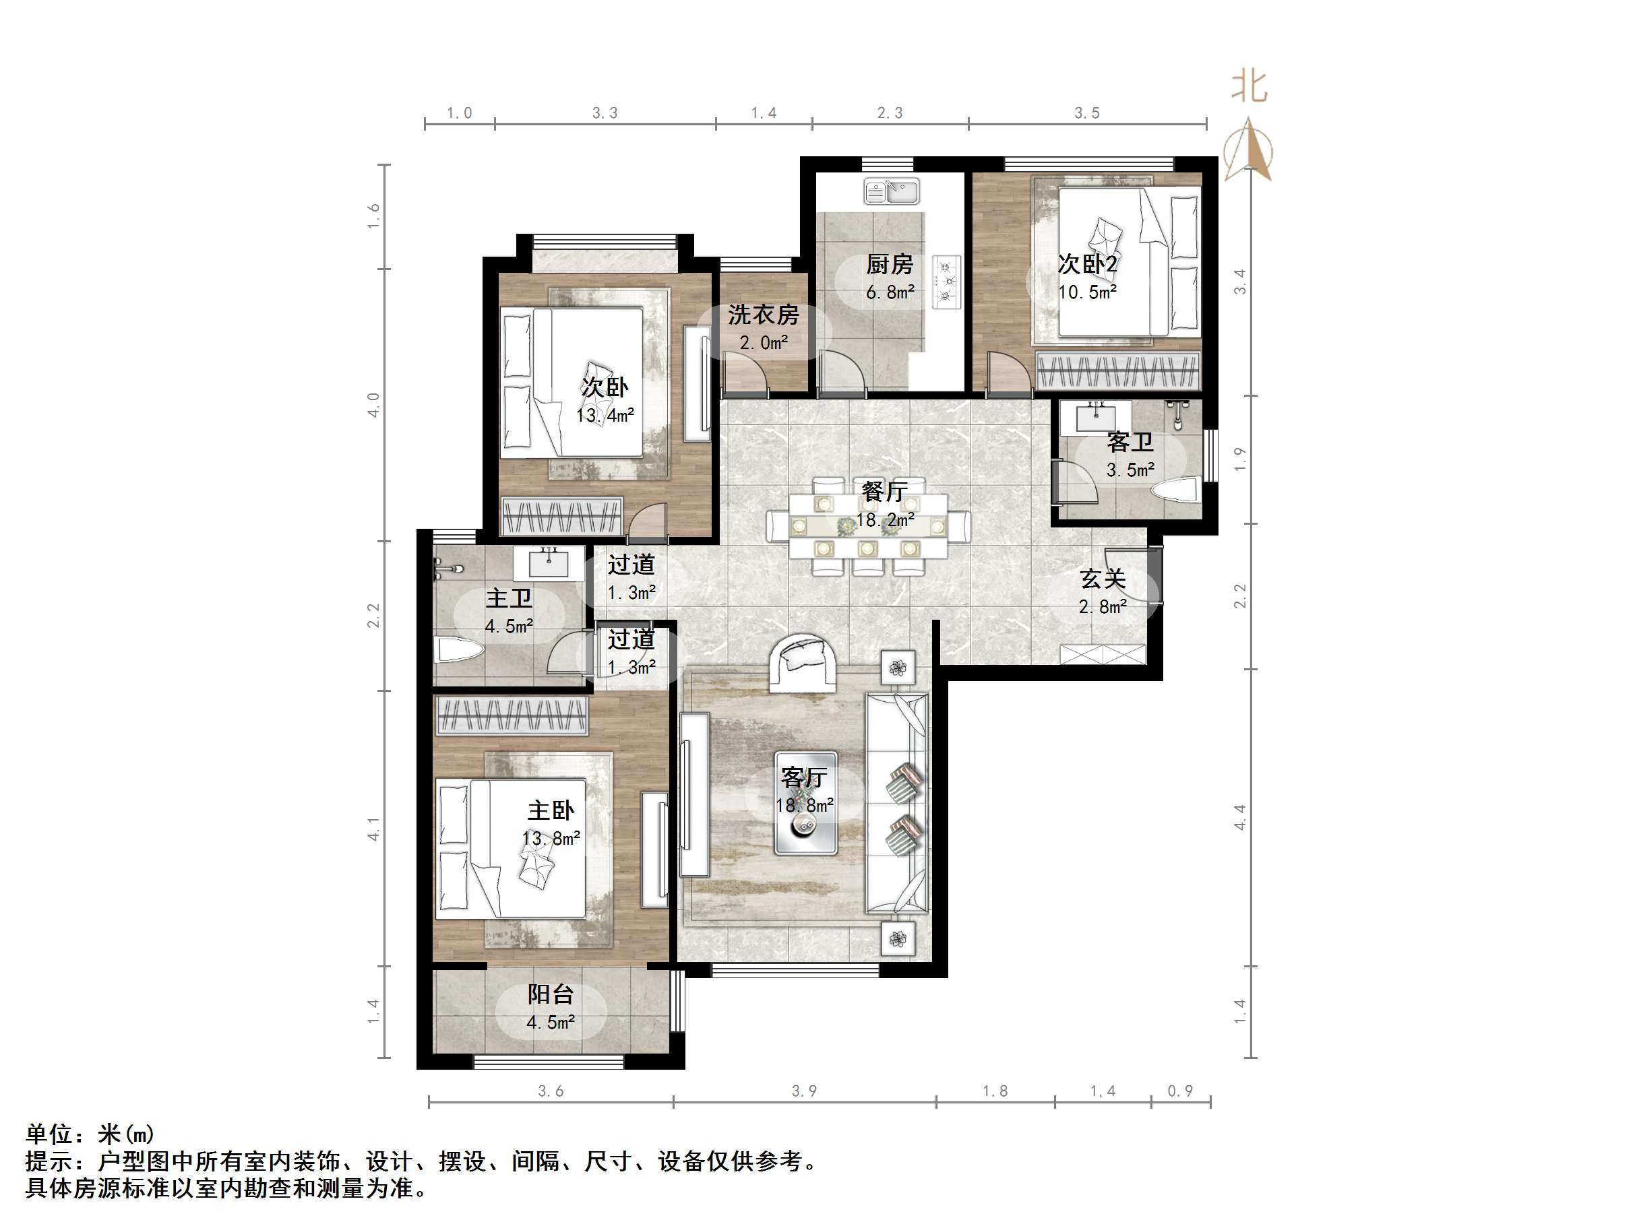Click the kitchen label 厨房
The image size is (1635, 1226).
889,264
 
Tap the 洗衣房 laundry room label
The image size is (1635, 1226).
763,315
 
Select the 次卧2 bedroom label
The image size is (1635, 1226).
1086,264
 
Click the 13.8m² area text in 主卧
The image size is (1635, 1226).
551,839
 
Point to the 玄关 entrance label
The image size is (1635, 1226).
1102,579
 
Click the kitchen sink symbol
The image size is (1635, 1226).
892,192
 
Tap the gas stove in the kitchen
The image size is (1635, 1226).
946,282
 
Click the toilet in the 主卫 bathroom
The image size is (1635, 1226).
459,651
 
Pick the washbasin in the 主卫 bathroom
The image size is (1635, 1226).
549,564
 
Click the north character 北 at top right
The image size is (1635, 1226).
1249,87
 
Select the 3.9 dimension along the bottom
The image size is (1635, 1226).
804,1091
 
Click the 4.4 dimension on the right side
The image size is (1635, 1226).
1239,816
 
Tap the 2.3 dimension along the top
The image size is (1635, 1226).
889,113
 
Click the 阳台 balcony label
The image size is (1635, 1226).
550,995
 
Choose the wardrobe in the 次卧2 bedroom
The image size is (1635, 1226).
1117,370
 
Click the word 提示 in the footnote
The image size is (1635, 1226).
49,1161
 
